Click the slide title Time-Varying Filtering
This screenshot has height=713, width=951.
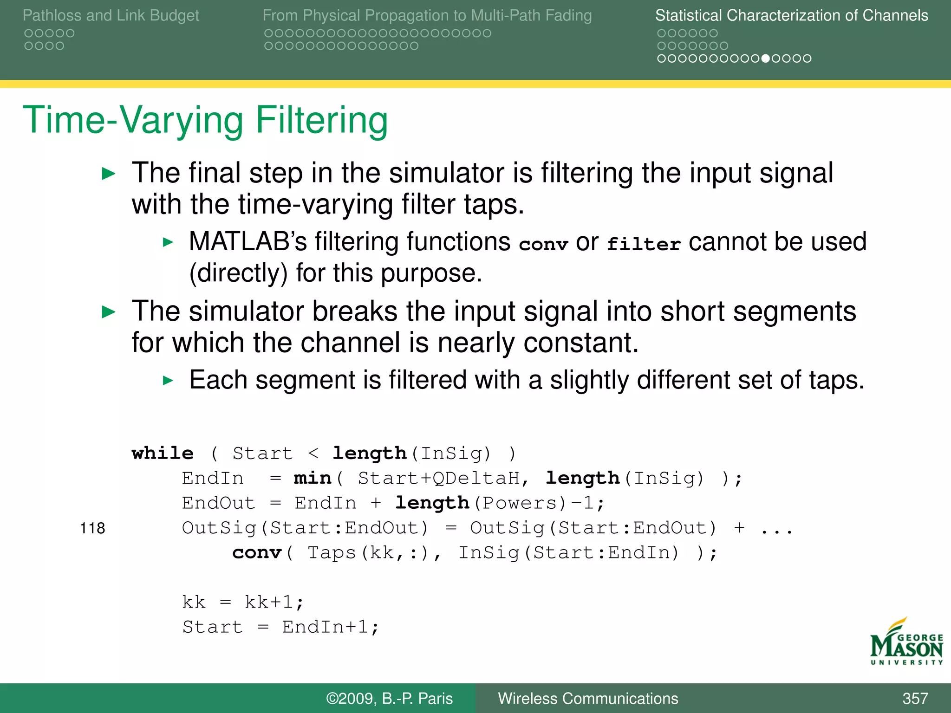pyautogui.click(x=205, y=120)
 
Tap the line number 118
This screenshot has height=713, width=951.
pyautogui.click(x=92, y=528)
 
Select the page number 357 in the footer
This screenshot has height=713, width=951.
pyautogui.click(x=915, y=698)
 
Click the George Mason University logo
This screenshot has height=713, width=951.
pyautogui.click(x=906, y=642)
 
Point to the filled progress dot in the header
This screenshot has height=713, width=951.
pyautogui.click(x=766, y=58)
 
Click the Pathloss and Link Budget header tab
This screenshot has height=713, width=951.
pyautogui.click(x=111, y=15)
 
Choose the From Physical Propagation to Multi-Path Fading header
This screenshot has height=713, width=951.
pyautogui.click(x=427, y=15)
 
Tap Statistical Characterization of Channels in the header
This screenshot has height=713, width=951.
pyautogui.click(x=791, y=15)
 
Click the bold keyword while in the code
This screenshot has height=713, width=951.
pyautogui.click(x=163, y=453)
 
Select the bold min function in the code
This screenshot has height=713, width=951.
pyautogui.click(x=312, y=478)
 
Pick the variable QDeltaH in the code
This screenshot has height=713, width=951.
pyautogui.click(x=476, y=478)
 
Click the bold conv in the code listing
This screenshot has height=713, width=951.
pyautogui.click(x=257, y=553)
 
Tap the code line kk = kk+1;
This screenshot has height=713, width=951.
pyautogui.click(x=243, y=603)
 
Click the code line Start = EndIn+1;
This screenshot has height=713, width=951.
pyautogui.click(x=280, y=627)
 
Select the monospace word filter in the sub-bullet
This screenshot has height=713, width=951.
pyautogui.click(x=644, y=244)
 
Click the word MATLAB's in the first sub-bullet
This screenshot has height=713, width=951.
pyautogui.click(x=248, y=242)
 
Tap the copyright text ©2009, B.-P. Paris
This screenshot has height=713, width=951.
pyautogui.click(x=389, y=698)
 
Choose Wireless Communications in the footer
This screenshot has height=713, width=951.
pyautogui.click(x=588, y=698)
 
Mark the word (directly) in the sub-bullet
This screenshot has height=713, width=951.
pyautogui.click(x=238, y=273)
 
